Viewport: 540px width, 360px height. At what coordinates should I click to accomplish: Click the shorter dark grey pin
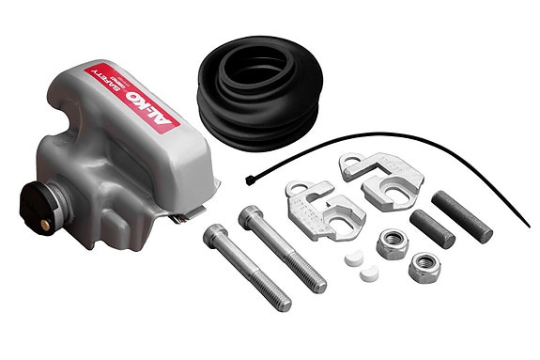point(431,228)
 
